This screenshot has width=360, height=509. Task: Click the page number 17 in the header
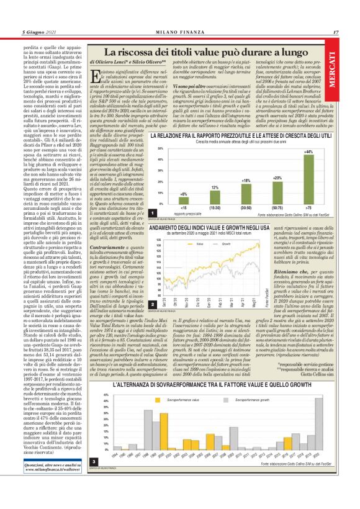pos(335,31)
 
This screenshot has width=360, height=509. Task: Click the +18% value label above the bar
pos(246,180)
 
